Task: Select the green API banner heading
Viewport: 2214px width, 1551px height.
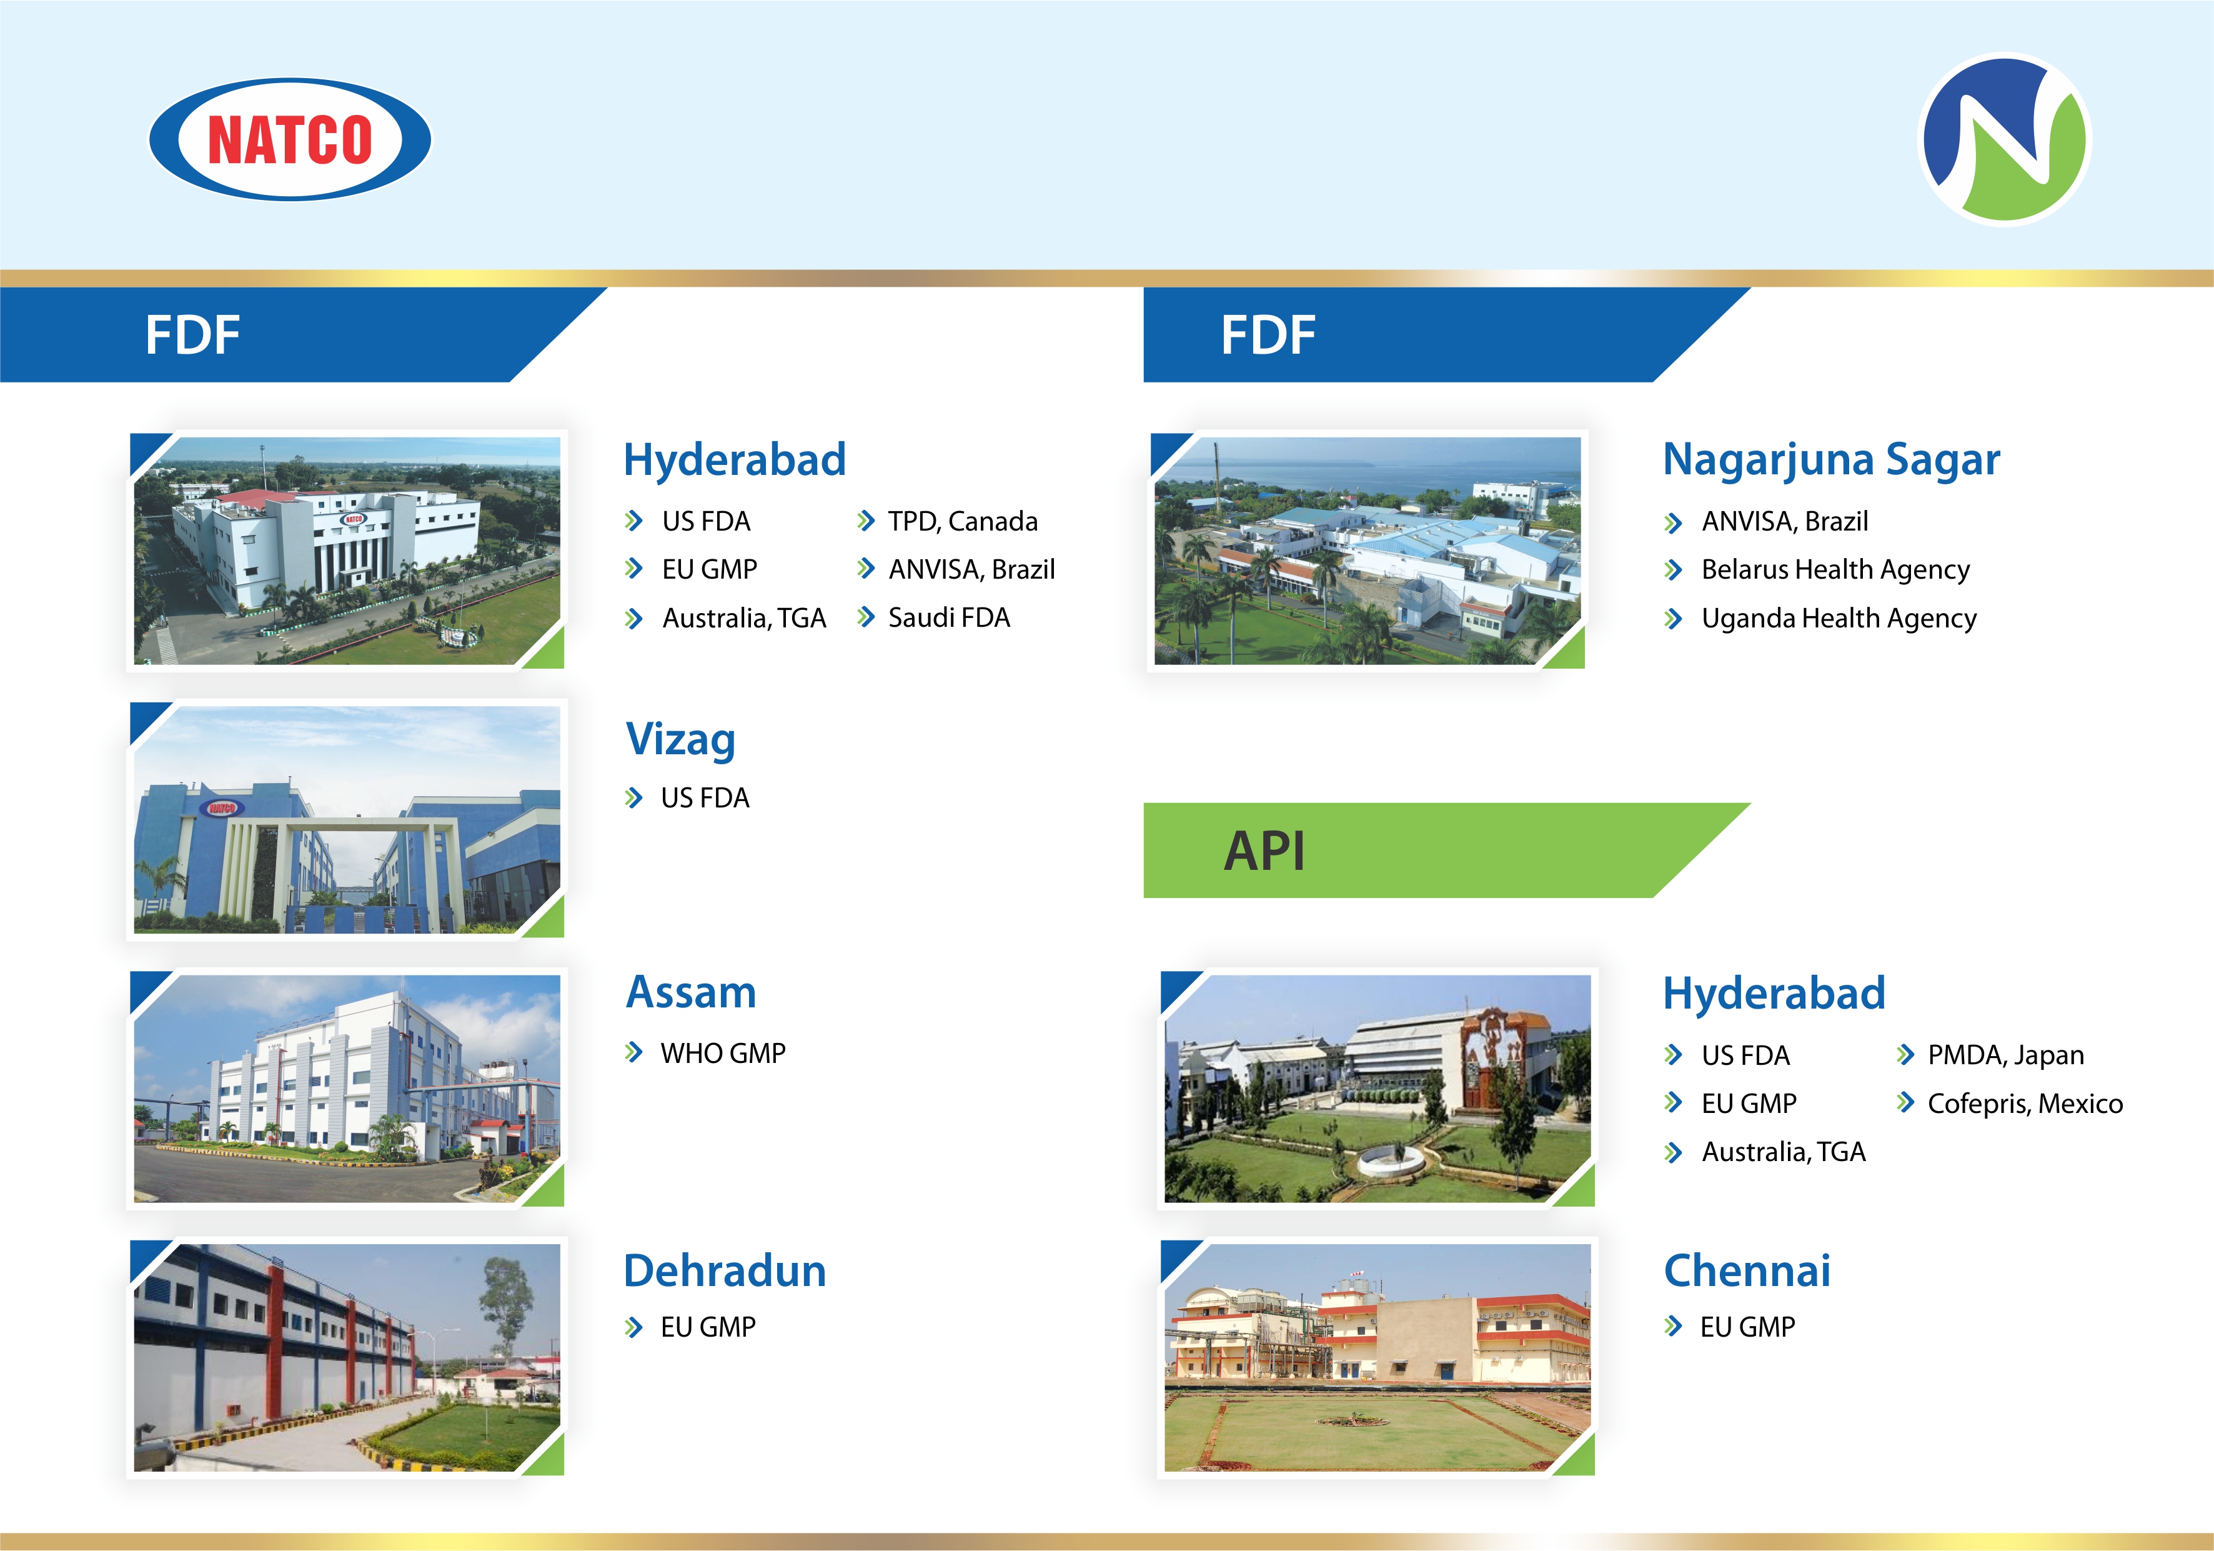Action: pos(1446,850)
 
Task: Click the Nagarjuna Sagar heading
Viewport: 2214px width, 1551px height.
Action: pos(1831,459)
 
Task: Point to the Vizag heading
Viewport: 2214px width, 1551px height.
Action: pos(681,740)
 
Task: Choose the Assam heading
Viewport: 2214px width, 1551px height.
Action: pos(692,992)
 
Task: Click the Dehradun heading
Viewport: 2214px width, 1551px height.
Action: pos(725,1270)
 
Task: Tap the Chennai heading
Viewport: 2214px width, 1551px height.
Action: pos(1747,1270)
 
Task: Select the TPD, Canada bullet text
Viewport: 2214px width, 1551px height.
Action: pos(962,522)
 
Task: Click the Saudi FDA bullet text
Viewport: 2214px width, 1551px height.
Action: pos(949,617)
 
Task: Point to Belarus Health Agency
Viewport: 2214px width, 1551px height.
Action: pos(1835,570)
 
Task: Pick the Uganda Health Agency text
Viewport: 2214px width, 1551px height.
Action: pos(1839,618)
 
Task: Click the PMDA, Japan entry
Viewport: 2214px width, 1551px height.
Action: pos(2006,1055)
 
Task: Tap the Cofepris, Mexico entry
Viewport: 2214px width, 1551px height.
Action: pos(2025,1104)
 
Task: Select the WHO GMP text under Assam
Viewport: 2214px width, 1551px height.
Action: pos(723,1052)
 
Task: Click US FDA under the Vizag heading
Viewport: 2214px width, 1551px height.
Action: pos(705,798)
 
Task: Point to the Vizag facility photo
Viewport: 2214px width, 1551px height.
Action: pos(347,820)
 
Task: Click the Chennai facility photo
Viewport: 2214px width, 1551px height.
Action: pos(1377,1357)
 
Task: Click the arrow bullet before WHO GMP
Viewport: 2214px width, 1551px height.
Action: pos(633,1052)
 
